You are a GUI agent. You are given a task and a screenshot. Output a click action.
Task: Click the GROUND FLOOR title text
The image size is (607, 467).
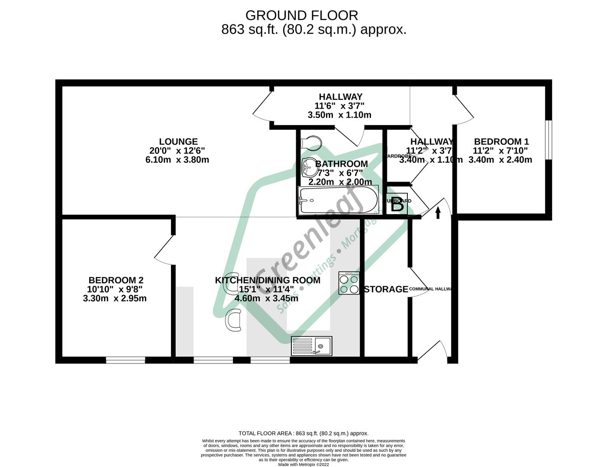coord(302,16)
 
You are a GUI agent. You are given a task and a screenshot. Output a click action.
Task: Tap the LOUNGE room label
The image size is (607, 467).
coord(178,141)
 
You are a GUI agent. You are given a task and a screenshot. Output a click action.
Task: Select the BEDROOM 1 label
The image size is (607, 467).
coord(501,141)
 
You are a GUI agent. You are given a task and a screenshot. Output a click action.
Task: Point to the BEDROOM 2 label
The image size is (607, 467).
coord(116,280)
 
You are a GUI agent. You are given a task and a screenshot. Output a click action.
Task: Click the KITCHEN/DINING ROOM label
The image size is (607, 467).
coord(268,280)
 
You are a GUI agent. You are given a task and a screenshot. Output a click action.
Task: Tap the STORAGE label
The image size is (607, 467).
coord(386,289)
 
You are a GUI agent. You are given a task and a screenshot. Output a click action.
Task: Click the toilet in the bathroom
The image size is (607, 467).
coord(312,142)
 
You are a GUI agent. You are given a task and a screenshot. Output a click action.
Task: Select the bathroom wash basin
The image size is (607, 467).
coord(309,166)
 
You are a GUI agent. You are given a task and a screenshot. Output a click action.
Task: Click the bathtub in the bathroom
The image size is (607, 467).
coord(338,200)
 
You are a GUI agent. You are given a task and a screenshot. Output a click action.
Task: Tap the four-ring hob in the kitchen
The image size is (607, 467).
coord(349,284)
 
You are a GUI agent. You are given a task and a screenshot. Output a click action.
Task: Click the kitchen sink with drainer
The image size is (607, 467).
coord(312,346)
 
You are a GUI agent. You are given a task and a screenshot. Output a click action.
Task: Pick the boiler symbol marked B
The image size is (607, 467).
coord(397,205)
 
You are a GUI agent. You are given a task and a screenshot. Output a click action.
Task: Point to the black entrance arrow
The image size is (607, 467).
coord(438,212)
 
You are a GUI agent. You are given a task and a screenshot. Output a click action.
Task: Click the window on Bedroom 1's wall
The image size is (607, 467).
coord(549,140)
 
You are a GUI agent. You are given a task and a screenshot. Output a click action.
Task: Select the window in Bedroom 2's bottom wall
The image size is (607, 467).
coord(126,360)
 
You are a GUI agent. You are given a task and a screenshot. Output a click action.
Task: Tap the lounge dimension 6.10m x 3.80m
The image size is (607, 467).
coord(177,160)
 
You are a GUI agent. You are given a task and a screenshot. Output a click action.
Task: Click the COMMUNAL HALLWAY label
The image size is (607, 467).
coord(430,289)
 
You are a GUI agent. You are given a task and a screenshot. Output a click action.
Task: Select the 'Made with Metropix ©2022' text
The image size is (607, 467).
coord(303,465)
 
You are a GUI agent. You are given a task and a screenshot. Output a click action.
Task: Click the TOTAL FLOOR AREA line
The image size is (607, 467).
coord(303,433)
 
